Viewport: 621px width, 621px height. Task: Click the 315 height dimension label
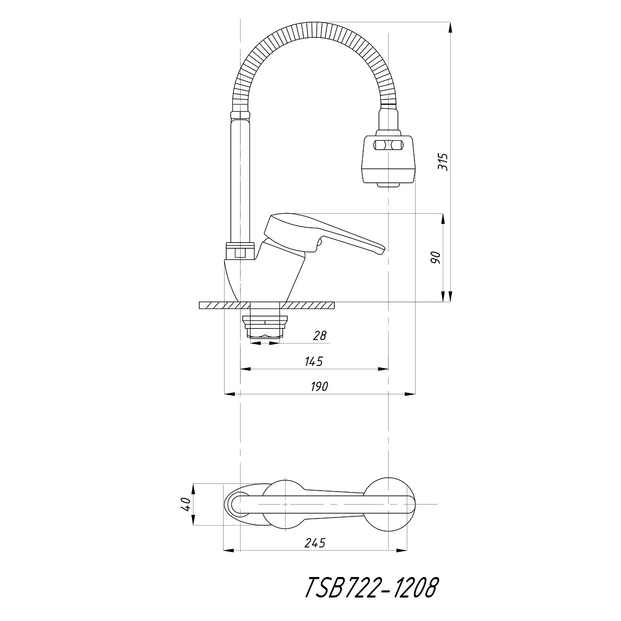point(443,162)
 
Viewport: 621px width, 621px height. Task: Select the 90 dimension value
point(436,258)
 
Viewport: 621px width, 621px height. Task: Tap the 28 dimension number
point(319,336)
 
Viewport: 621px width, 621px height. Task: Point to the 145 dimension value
point(314,362)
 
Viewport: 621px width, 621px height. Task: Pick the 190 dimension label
point(319,387)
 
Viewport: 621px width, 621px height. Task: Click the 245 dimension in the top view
point(315,543)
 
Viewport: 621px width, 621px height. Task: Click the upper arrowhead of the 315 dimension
point(450,27)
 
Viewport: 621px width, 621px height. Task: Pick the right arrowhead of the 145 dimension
point(383,368)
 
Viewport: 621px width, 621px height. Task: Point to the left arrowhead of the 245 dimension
point(229,550)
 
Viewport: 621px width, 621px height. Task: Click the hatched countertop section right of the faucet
point(308,305)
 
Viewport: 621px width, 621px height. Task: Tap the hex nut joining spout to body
point(241,250)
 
